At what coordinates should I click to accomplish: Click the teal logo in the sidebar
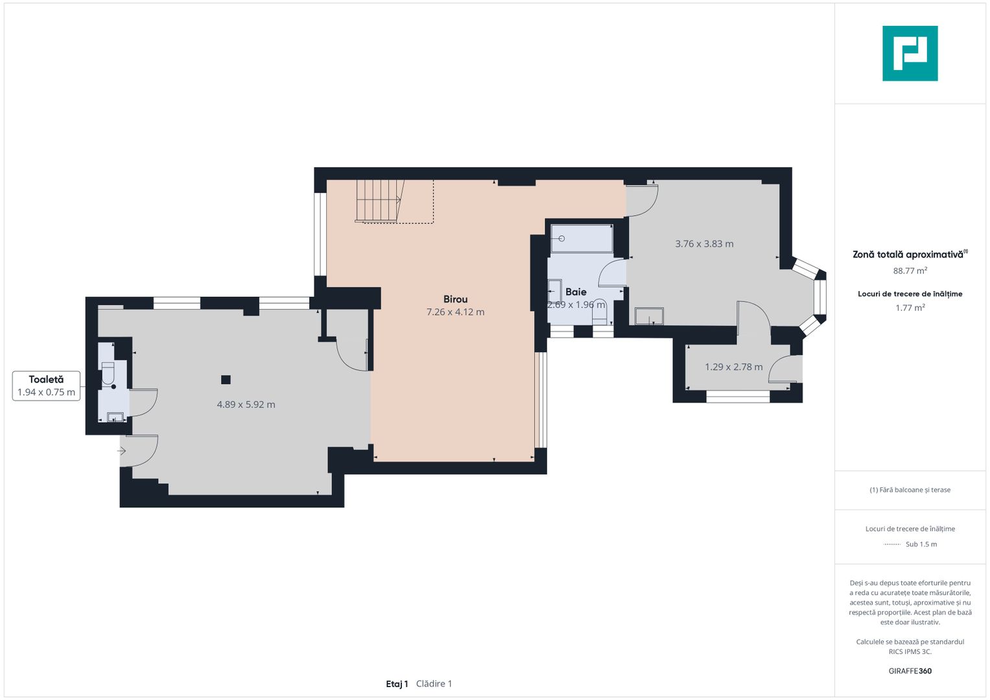(x=910, y=53)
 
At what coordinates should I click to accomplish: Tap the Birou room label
(x=455, y=299)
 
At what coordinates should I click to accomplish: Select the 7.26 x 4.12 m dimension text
(x=455, y=312)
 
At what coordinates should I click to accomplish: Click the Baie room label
(x=576, y=292)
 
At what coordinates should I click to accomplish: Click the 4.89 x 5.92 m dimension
(x=246, y=404)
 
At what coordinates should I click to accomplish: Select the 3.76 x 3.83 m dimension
(x=705, y=244)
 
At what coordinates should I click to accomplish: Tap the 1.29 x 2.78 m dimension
(x=734, y=367)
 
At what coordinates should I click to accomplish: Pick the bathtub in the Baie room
(x=582, y=239)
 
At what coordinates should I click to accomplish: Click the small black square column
(x=226, y=380)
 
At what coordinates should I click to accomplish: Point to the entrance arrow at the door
(x=121, y=450)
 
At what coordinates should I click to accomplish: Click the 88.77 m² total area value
(x=910, y=270)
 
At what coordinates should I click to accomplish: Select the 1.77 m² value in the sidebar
(x=910, y=308)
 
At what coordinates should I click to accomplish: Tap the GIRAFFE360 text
(x=910, y=671)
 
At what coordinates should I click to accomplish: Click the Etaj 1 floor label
(x=397, y=684)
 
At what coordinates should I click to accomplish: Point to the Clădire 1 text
(x=434, y=684)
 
